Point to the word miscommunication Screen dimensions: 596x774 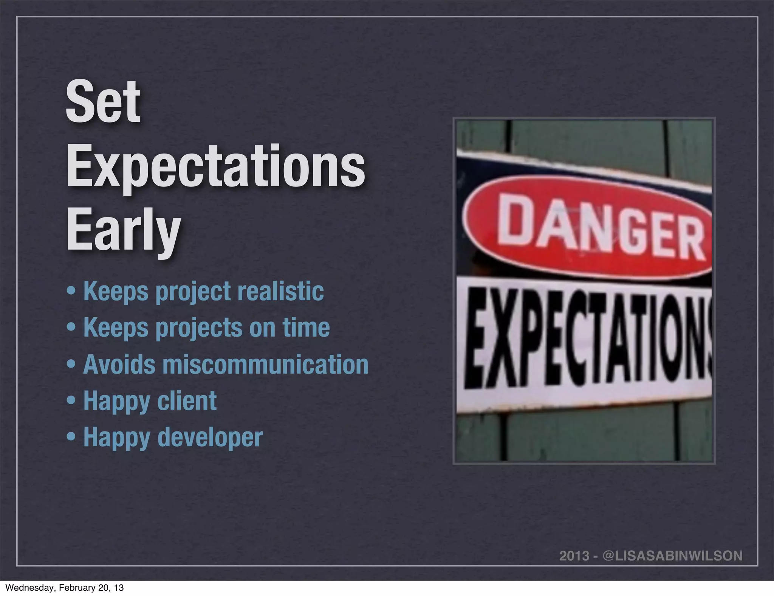pyautogui.click(x=265, y=364)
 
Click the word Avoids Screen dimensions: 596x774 pyautogui.click(x=119, y=364)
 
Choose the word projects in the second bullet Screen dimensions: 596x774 pyautogui.click(x=199, y=328)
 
